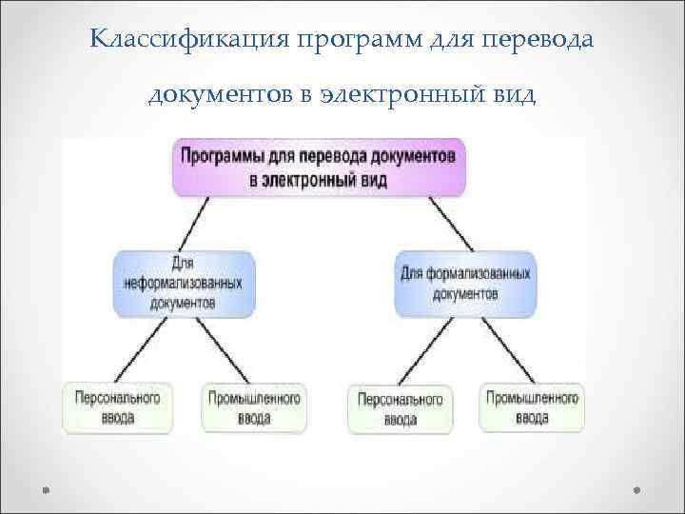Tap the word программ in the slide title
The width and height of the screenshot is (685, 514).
click(338, 41)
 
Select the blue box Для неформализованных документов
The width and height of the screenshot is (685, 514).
click(183, 283)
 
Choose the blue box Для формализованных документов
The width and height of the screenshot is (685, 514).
click(464, 283)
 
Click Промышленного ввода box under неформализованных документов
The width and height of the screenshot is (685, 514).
click(255, 407)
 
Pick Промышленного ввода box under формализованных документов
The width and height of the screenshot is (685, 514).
click(532, 407)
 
